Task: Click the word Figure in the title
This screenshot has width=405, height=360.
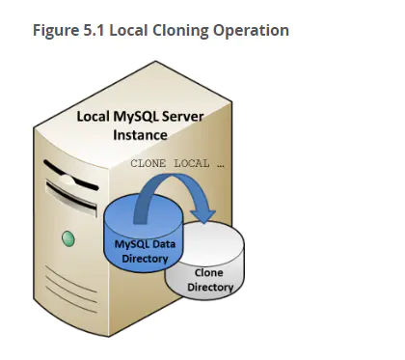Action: click(x=56, y=31)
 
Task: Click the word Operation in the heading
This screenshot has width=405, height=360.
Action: click(x=251, y=31)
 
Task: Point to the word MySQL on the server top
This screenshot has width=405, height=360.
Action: click(x=135, y=117)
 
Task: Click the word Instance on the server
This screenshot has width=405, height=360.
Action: click(x=140, y=135)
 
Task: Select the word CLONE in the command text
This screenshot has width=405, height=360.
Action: click(x=148, y=163)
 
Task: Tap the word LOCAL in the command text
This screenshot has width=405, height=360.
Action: click(x=192, y=163)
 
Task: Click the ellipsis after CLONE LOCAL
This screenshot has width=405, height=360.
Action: click(x=221, y=166)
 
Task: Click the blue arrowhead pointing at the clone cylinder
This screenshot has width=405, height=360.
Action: click(x=202, y=216)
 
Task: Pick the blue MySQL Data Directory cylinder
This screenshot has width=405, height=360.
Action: click(x=143, y=235)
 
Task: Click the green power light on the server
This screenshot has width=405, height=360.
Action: click(x=68, y=239)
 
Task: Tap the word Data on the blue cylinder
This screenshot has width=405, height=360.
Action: click(x=164, y=244)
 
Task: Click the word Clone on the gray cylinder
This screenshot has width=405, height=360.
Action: click(x=208, y=273)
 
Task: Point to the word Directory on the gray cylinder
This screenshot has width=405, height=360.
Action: click(x=210, y=287)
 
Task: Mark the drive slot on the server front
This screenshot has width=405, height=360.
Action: click(x=71, y=197)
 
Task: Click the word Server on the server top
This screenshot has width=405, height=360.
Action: click(x=182, y=116)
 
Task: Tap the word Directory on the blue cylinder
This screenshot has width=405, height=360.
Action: click(x=145, y=259)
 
